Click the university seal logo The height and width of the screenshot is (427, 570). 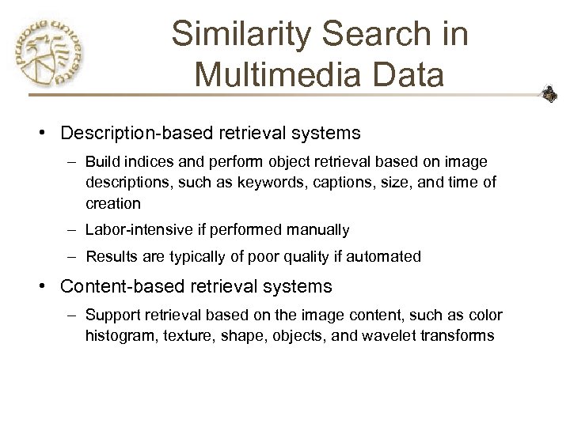tap(49, 52)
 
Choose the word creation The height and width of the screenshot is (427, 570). tap(113, 203)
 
